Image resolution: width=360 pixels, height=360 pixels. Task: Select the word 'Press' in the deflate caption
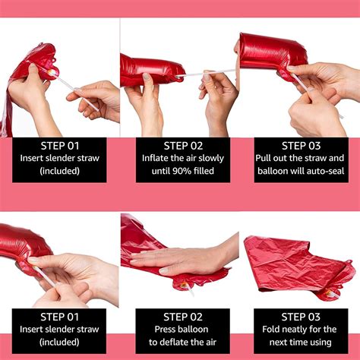point(166,329)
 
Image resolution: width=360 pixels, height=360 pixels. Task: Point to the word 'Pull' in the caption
point(263,158)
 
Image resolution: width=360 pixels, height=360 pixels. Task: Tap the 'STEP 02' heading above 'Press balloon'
point(183,317)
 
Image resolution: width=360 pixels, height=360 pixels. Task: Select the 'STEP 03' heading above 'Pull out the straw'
point(302,146)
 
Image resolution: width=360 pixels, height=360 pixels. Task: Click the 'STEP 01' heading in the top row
point(60,146)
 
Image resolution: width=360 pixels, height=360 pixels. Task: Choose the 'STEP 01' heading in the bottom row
point(60,317)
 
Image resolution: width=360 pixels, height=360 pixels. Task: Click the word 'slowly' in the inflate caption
point(211,159)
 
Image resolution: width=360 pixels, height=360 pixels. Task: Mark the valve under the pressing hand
point(184,286)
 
